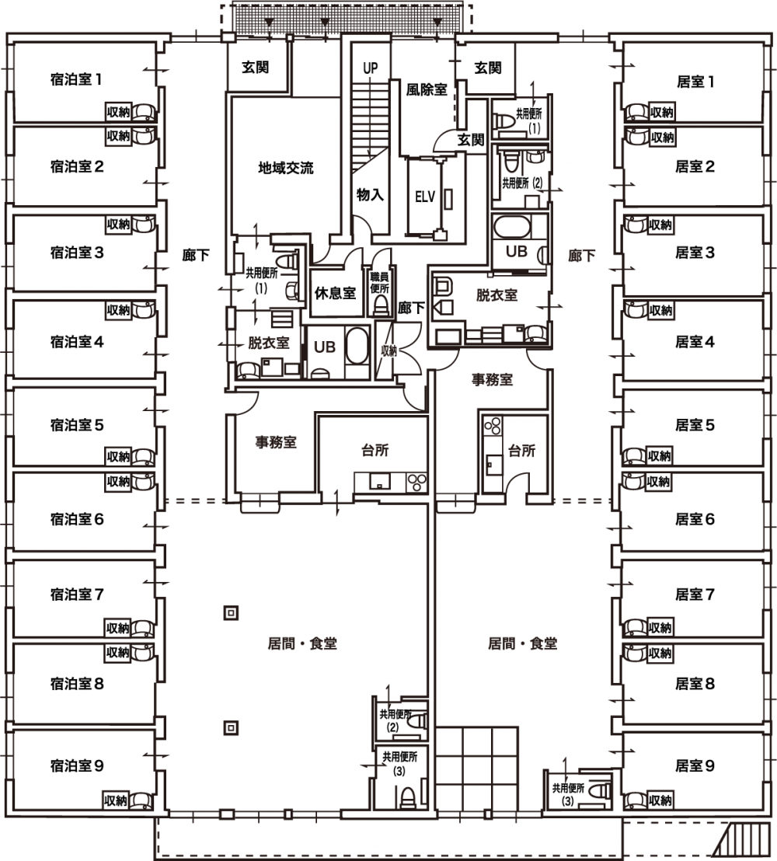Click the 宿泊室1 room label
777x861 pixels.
tap(76, 79)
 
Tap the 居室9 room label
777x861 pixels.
tap(695, 765)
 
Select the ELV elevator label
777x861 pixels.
tap(424, 197)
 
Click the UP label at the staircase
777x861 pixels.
tap(370, 68)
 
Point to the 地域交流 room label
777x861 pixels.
tap(285, 168)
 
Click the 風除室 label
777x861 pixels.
tap(427, 89)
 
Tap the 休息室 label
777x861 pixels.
tap(335, 293)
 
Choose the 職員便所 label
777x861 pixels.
tap(379, 283)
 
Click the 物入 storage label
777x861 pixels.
tap(370, 194)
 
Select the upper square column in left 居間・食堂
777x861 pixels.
tap(231, 612)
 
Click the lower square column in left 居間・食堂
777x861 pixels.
tap(231, 728)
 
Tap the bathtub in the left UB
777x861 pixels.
tap(357, 346)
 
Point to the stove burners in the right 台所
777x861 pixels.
tap(493, 426)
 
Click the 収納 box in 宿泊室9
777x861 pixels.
tap(116, 800)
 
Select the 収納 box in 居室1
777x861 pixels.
tap(662, 112)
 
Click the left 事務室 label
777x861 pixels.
tap(276, 442)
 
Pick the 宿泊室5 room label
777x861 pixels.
tap(76, 425)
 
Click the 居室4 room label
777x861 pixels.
tap(695, 342)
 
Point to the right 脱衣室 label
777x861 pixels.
tap(497, 295)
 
